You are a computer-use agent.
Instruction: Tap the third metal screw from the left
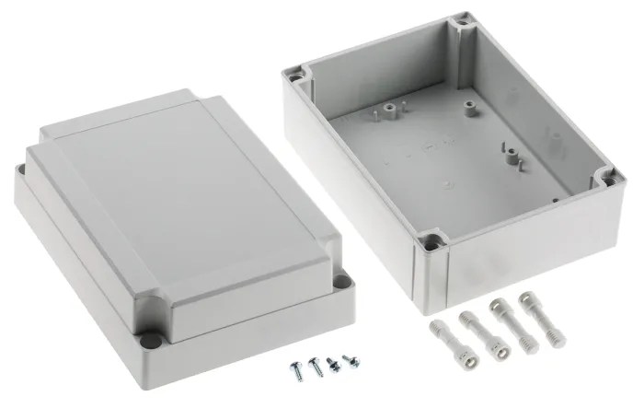[331, 364]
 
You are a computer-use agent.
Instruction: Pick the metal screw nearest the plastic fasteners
[349, 360]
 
